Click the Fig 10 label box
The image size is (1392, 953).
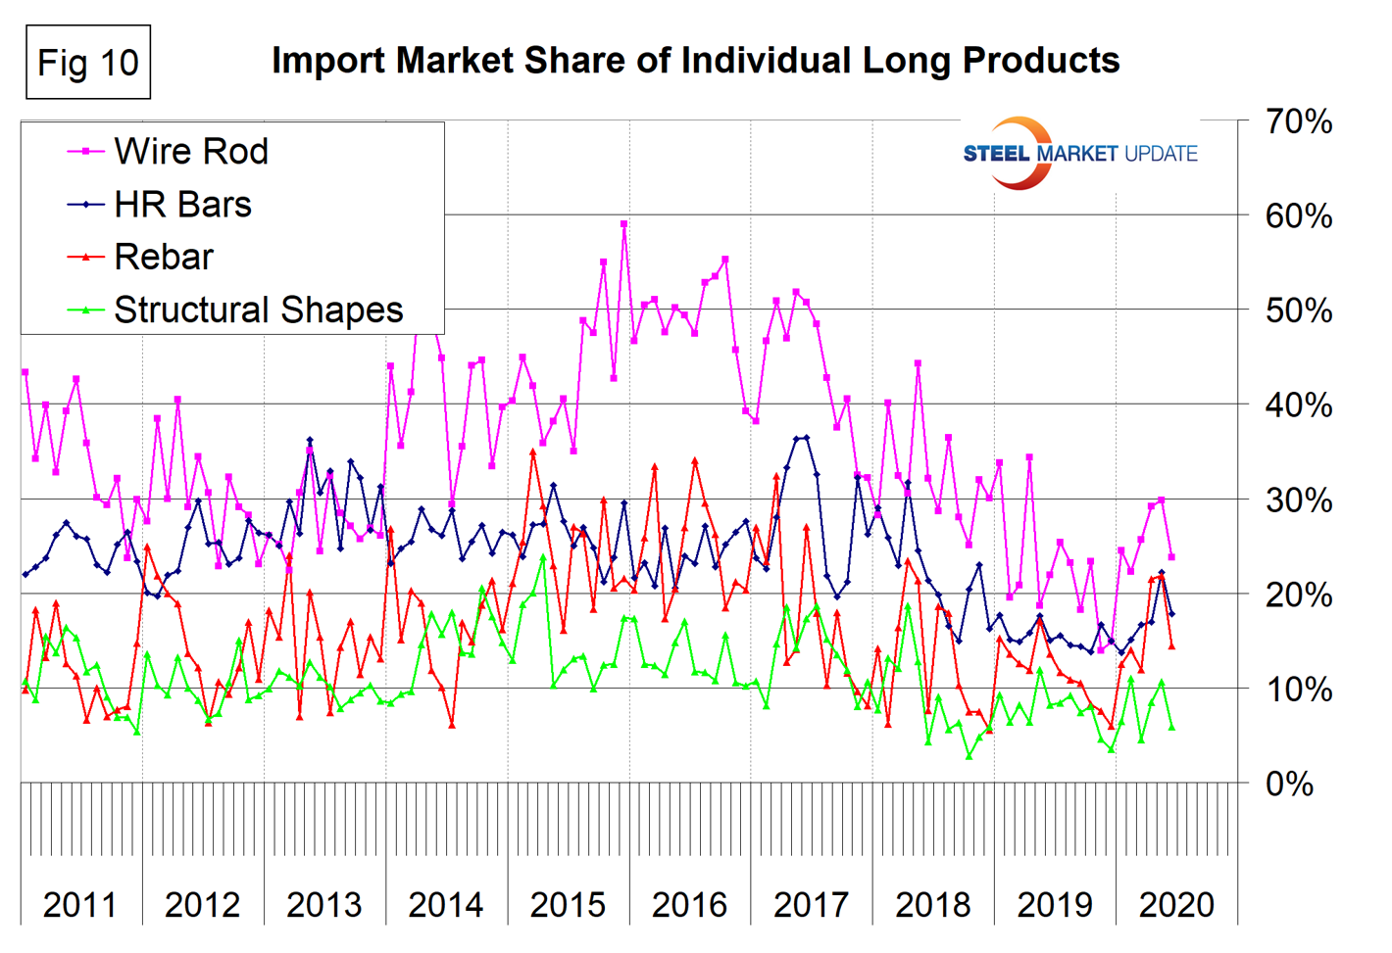coord(88,63)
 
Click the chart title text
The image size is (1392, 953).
coord(695,61)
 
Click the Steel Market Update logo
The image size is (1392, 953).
coord(1078,154)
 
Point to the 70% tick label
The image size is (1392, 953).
coord(1298,122)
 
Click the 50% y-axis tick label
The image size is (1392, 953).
coord(1298,311)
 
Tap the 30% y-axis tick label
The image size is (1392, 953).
coord(1298,500)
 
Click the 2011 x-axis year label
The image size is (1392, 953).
coord(80,905)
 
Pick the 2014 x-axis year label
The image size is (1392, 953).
coord(446,905)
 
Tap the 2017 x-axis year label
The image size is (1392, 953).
coord(811,905)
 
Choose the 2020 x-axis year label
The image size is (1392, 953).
coord(1176,905)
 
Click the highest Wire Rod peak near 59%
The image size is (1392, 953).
coord(624,224)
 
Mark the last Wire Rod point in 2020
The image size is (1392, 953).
coord(1171,557)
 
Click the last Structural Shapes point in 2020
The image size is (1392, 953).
coord(1171,727)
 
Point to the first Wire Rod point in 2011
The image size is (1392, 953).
coord(25,372)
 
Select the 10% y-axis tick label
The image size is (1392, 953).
coord(1298,690)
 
